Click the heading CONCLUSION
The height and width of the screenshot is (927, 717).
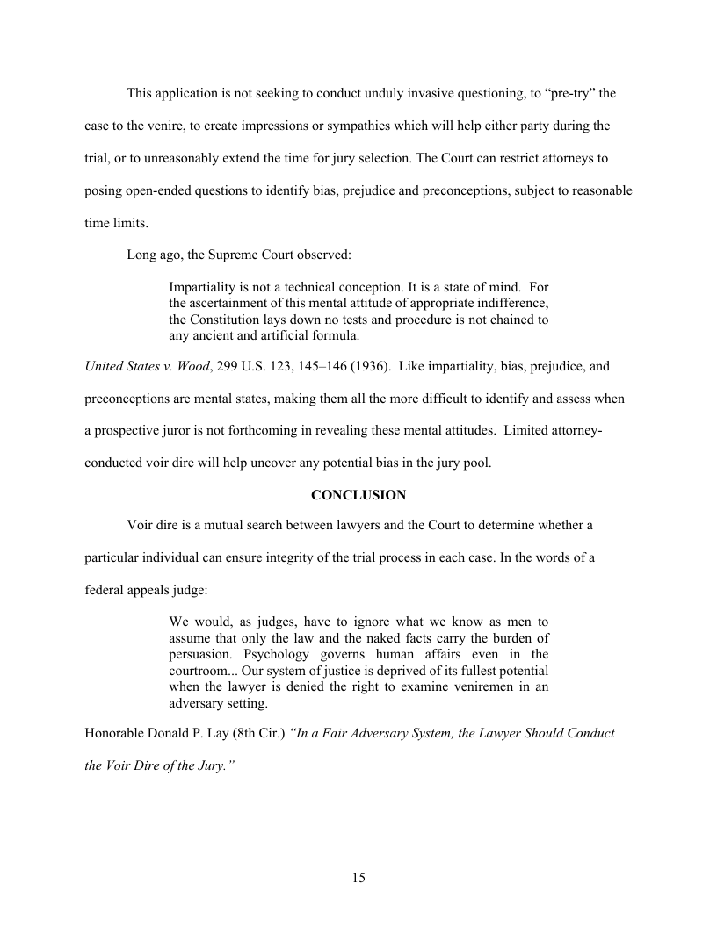(x=358, y=495)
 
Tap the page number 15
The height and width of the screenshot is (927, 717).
(x=358, y=878)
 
